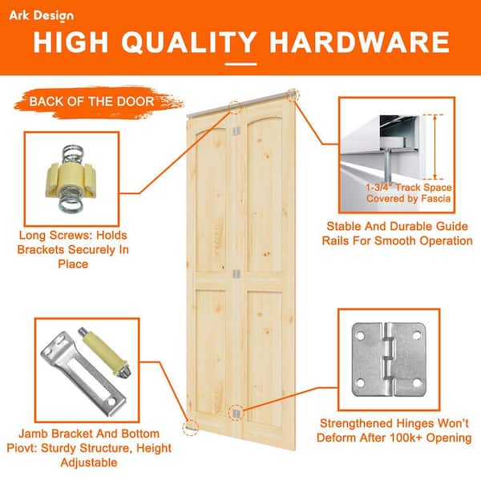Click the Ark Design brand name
[42, 16]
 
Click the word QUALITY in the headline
[189, 42]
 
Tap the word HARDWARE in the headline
[359, 42]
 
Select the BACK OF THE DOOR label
[91, 102]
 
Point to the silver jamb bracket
[83, 374]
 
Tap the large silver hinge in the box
[390, 359]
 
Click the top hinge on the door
[235, 131]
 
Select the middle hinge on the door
[235, 273]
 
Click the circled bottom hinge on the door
[235, 413]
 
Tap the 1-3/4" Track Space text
[409, 188]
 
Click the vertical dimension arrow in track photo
[435, 147]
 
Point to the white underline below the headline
[240, 64]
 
